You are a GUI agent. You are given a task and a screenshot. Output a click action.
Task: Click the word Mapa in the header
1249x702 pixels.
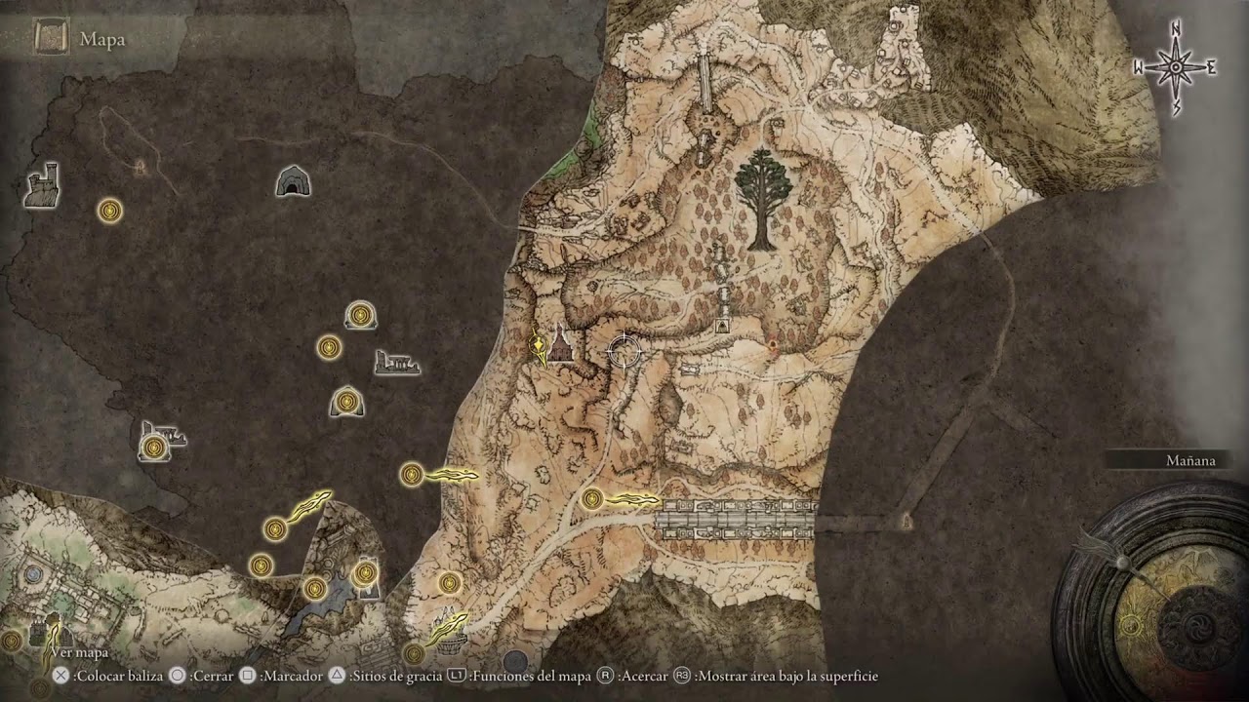coord(102,40)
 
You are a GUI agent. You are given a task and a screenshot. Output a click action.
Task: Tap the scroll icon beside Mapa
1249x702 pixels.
coord(50,39)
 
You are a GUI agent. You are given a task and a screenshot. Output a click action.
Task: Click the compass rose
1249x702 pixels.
coord(1176,67)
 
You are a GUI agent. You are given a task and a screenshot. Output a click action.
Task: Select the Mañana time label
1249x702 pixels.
coord(1191,460)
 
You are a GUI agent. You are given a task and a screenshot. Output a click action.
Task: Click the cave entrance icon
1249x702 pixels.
coord(292,180)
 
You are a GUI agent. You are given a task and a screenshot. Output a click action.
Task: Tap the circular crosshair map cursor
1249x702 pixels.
coord(623,350)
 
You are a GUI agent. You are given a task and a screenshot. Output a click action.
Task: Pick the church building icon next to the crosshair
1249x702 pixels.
coord(560,344)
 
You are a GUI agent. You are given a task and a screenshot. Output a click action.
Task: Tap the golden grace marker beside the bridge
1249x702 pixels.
coord(591,499)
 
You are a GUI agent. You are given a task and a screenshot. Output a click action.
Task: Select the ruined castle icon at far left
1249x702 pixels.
coord(42,185)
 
